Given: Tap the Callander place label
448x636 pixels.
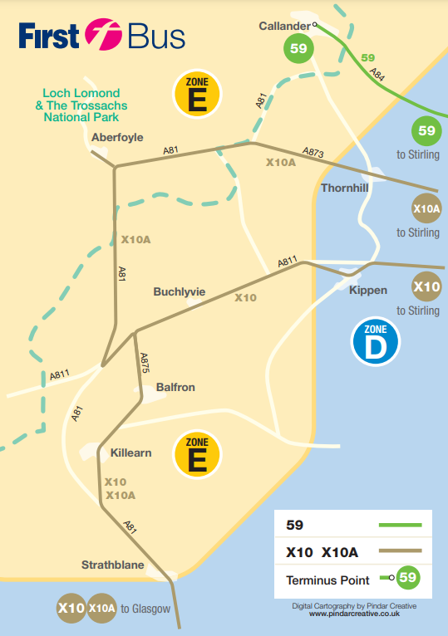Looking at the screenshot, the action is coord(283,25).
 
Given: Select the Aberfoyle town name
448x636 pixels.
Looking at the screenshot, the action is coord(119,138).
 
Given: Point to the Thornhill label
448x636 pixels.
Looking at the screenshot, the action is coord(344,188).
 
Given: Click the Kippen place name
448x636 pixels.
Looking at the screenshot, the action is coord(368,290).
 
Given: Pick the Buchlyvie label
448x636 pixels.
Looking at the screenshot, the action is coord(179,292).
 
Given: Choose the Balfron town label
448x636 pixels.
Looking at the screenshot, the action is coord(175,387).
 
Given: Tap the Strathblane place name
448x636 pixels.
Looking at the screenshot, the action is coord(112,565).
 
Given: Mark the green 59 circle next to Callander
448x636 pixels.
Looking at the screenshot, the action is coord(298,49).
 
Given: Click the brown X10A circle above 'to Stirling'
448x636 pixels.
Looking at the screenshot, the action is coord(426,208).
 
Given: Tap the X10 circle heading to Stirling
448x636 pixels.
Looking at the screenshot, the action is coord(426,287).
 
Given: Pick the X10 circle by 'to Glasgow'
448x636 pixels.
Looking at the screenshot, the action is coord(70,608).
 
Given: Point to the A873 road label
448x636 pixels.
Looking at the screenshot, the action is coord(312,153).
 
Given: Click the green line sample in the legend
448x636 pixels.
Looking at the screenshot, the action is coord(400,525).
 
